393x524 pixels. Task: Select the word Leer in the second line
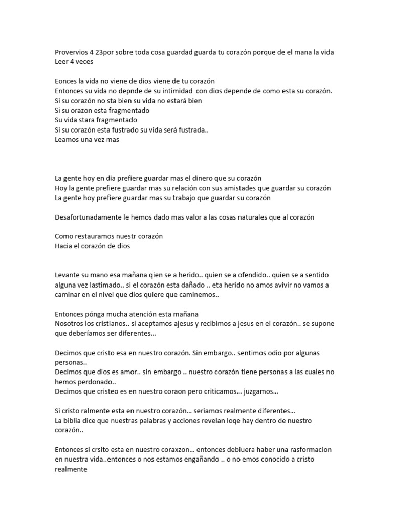click(62, 61)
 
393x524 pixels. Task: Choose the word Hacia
click(64, 246)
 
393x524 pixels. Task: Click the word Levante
click(68, 275)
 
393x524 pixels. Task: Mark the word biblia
click(75, 421)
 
